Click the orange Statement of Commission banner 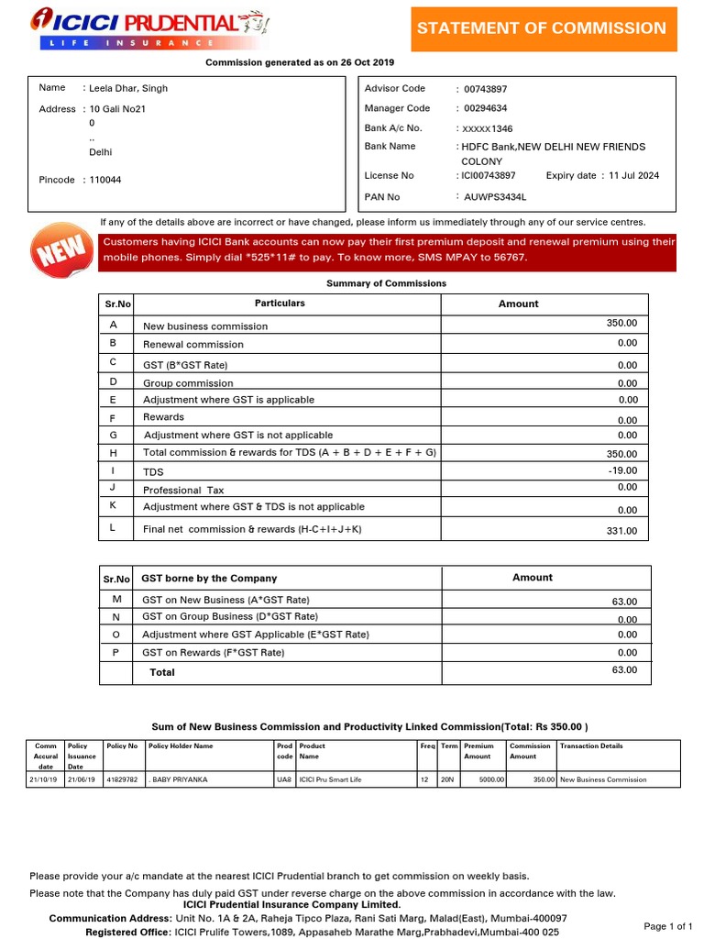tap(542, 28)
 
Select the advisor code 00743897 tap(485, 89)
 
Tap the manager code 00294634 tap(485, 108)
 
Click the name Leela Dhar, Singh tap(128, 88)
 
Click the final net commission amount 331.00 tap(622, 531)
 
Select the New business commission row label tap(192, 326)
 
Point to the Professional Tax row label tap(183, 491)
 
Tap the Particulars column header tap(280, 303)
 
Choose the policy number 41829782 tap(122, 779)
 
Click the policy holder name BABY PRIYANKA tap(180, 779)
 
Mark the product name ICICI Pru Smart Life tap(330, 779)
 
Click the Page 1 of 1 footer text tap(668, 926)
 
